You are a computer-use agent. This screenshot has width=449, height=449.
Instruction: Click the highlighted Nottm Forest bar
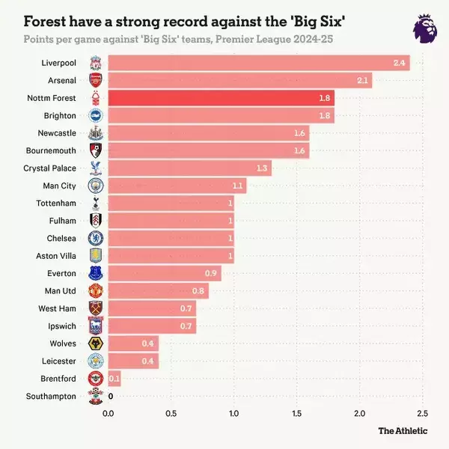[221, 98]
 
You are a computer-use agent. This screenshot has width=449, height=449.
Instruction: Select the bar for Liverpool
[258, 63]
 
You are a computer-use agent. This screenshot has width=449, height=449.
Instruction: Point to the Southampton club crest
[96, 396]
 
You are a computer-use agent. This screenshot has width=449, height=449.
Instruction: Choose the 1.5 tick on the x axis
[296, 413]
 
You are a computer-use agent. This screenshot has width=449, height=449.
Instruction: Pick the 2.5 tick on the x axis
[422, 413]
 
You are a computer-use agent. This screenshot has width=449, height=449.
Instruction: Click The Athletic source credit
[403, 430]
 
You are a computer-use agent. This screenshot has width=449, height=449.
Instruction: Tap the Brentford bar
[114, 379]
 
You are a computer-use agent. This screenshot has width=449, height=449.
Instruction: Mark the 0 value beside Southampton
[111, 396]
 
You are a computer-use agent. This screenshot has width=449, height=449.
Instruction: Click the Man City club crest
[96, 186]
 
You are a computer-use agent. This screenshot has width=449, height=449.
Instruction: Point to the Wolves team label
[62, 343]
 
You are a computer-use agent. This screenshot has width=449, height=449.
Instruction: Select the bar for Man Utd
[158, 291]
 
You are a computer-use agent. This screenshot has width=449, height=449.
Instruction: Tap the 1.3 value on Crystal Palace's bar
[262, 168]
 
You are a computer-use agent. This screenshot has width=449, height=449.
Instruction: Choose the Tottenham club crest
[96, 204]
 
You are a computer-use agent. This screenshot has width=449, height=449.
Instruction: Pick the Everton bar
[165, 273]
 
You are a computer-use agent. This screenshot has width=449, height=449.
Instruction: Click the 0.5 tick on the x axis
[171, 413]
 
